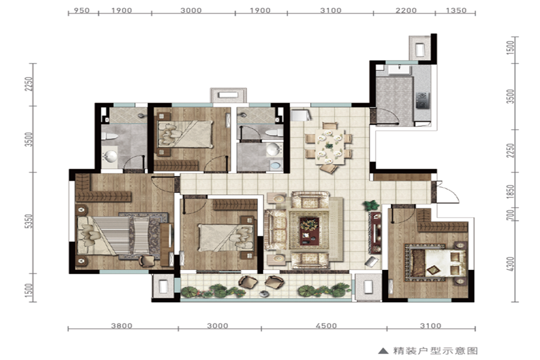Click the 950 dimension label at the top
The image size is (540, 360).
82,10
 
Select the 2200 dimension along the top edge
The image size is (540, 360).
406,10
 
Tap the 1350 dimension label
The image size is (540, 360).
456,10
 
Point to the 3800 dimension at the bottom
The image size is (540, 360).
122,326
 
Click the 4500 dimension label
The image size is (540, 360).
326,326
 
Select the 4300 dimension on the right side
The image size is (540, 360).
511,264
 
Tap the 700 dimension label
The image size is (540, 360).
511,214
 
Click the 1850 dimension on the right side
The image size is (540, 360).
511,192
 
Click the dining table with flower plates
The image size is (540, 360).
330,147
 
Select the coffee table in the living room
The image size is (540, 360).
309,230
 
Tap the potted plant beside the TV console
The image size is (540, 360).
371,206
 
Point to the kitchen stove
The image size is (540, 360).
422,100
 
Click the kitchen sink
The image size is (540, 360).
399,70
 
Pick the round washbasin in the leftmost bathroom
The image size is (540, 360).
110,157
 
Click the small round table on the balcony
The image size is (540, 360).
264,294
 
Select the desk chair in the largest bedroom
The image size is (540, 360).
147,261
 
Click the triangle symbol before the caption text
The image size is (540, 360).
383,351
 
